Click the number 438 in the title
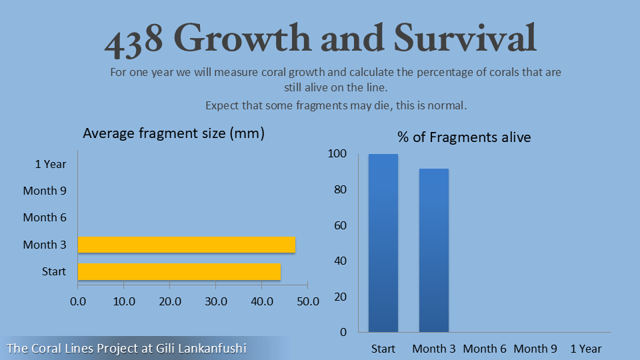point(134,40)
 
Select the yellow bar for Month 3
point(187,245)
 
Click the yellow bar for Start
point(179,271)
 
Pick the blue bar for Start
point(383,243)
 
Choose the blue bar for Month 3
point(434,250)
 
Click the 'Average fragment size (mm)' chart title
point(174,133)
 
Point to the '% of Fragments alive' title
point(464,137)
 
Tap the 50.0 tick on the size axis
point(307,301)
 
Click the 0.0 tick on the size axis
point(78,301)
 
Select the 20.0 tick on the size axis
point(170,301)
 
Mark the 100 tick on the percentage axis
point(337,154)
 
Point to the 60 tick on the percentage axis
point(340,225)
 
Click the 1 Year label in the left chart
point(51,164)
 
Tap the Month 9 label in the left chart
point(45,191)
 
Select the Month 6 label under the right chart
point(485,349)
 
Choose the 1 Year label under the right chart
point(586,349)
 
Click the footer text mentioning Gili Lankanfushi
point(127,348)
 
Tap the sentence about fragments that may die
point(337,105)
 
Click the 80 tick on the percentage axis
point(340,189)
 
